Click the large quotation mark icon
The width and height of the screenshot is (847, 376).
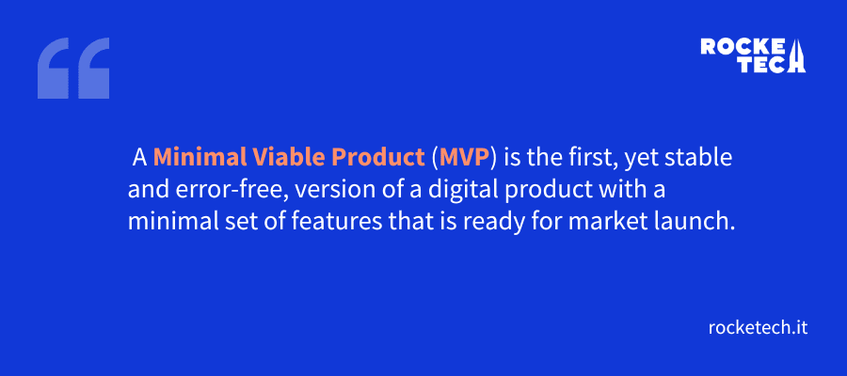(x=73, y=69)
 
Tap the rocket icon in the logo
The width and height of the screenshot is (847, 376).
(x=797, y=55)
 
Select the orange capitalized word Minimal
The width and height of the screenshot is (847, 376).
(x=193, y=156)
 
